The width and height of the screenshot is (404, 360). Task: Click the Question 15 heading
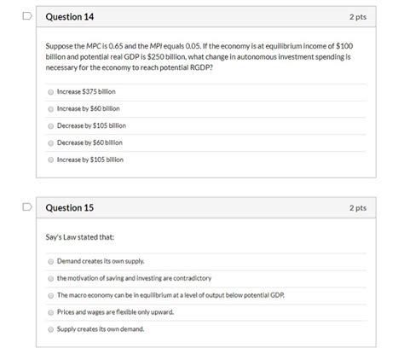(70, 206)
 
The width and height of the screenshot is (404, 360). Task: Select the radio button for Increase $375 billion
(51, 91)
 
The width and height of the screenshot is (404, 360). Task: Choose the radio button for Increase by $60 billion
(51, 108)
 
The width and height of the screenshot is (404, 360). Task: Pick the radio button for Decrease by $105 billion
(51, 125)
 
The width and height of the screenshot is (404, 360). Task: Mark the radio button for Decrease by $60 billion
(51, 142)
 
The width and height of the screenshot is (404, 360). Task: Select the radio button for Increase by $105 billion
(51, 160)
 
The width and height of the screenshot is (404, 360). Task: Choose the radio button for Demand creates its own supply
(51, 261)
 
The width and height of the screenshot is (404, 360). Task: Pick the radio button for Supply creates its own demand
(51, 329)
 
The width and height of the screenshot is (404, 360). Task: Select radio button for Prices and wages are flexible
(51, 312)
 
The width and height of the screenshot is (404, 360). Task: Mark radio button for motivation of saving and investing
(51, 278)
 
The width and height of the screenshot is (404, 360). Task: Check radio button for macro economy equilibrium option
(51, 295)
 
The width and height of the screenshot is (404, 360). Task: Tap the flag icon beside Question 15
(28, 206)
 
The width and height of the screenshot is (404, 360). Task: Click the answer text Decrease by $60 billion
(90, 142)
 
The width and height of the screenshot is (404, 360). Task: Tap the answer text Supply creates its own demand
(101, 329)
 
